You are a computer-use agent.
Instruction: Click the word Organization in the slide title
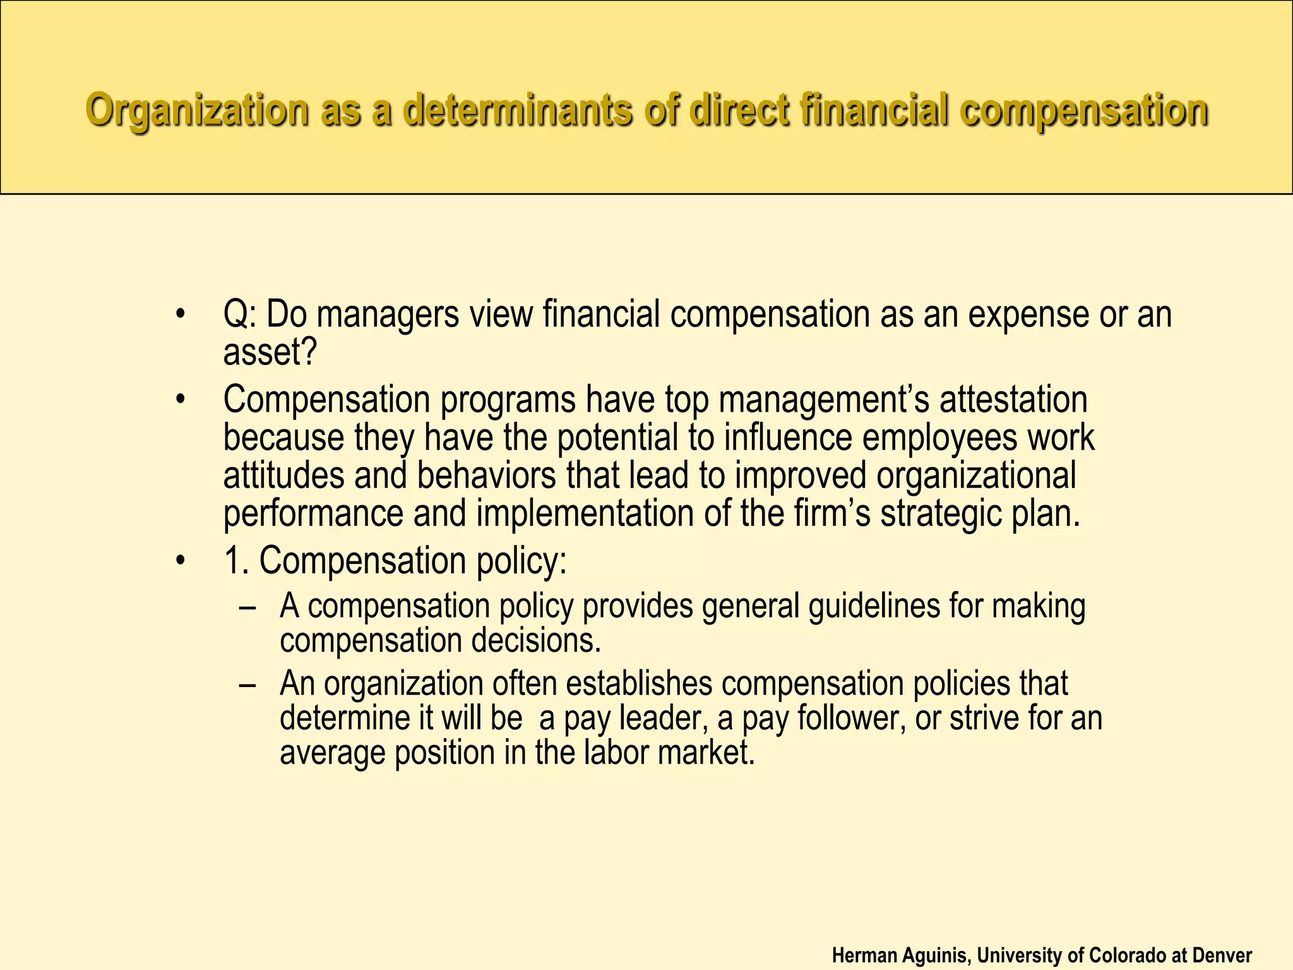(x=197, y=110)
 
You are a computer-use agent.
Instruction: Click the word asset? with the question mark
(x=270, y=352)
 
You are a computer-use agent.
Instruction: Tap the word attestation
(x=1013, y=400)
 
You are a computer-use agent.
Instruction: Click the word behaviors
(x=487, y=476)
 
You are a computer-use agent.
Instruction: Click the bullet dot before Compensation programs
(x=181, y=400)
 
